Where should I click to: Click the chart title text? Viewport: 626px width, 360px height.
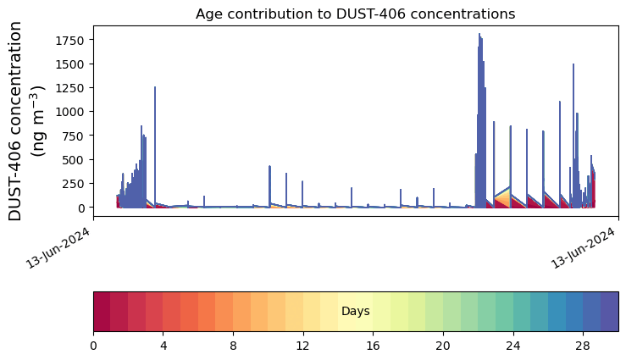(355, 14)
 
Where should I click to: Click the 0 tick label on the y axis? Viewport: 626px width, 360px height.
(81, 208)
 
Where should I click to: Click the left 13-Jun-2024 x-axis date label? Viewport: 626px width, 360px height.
(58, 248)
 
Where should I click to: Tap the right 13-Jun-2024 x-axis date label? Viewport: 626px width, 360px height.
(584, 248)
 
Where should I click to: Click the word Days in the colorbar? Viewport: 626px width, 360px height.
(356, 312)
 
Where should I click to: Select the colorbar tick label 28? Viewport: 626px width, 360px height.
(583, 346)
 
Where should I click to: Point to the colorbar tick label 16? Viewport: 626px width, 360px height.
(373, 346)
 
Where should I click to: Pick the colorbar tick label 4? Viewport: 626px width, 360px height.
(163, 346)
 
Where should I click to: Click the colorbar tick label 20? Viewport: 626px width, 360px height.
(443, 346)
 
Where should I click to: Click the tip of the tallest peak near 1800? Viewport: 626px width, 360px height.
(479, 34)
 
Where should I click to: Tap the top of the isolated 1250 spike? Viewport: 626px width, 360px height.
(155, 86)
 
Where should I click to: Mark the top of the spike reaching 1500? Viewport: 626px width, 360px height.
(573, 64)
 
